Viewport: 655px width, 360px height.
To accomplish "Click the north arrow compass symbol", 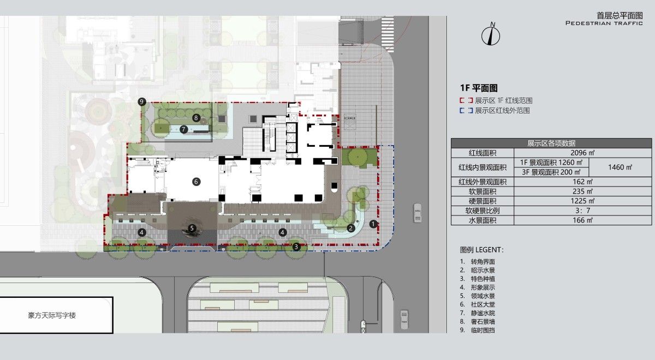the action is coord(491,34).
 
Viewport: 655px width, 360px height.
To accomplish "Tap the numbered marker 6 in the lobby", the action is coord(196,182).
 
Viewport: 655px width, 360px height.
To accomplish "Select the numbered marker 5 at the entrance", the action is coord(192,228).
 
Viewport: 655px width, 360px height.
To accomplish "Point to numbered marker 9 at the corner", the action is coord(142,101).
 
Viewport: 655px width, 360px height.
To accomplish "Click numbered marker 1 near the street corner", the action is coord(373,224).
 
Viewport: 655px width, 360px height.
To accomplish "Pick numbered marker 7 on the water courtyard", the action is coord(183,129).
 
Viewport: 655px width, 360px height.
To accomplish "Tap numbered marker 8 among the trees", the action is coord(196,118).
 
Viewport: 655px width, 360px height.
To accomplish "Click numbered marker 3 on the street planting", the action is coord(296,247).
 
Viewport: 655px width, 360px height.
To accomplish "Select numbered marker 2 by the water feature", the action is coord(351,228).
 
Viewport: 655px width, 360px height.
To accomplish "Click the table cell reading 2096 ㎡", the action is coord(582,153).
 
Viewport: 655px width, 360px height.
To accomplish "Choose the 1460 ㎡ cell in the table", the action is coord(620,167).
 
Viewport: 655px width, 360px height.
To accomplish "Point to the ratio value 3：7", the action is coord(582,211).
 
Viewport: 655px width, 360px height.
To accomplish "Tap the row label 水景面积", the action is coord(483,220).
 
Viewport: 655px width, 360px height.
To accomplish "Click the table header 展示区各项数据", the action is coord(551,143).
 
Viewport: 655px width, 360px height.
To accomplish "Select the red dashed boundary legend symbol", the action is coord(466,100).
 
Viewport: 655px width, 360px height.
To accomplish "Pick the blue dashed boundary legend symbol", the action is coord(466,110).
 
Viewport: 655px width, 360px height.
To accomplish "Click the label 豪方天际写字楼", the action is coord(52,315).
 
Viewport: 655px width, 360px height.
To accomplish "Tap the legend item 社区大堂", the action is coord(483,304).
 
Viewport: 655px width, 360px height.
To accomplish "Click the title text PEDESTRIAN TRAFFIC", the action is coord(604,23).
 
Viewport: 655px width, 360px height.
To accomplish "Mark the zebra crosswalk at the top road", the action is coord(388,34).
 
